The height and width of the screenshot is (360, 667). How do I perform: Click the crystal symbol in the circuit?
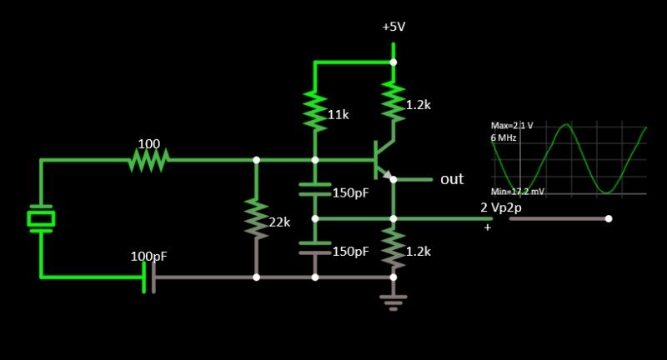(40, 218)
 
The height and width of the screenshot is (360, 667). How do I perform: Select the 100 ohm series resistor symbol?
(148, 160)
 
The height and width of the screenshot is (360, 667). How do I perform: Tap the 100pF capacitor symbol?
(149, 276)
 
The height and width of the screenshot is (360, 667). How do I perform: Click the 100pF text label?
(149, 256)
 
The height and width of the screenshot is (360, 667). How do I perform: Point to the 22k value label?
(279, 222)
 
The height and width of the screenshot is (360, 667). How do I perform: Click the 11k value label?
(338, 114)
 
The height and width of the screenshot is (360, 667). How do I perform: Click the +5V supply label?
(394, 27)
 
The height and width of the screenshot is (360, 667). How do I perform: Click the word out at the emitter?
(452, 179)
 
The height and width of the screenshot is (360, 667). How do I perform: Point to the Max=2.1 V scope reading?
(512, 125)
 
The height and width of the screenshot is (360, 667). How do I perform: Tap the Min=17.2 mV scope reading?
(518, 192)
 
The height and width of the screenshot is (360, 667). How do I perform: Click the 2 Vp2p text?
(501, 207)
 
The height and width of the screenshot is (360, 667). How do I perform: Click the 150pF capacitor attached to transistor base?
(314, 189)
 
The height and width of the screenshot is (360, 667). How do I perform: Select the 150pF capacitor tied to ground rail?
(314, 247)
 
